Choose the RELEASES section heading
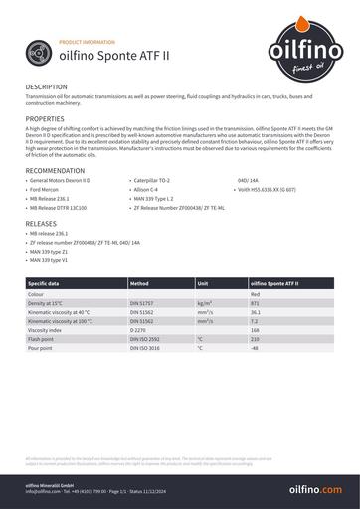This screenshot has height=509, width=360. [x=41, y=224]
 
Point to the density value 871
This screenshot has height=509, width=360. [x=256, y=303]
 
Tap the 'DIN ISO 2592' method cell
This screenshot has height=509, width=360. [x=145, y=340]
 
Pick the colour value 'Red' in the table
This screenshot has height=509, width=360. [x=255, y=294]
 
